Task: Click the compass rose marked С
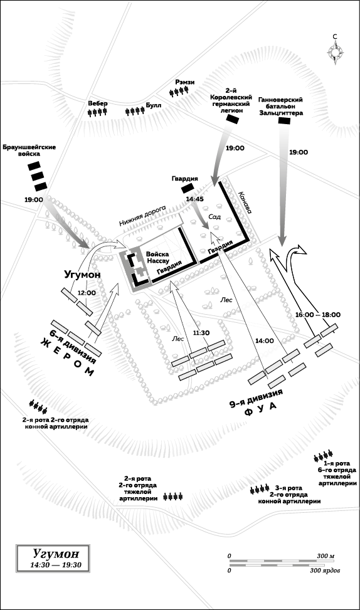coord(335,52)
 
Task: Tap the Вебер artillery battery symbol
coord(97,112)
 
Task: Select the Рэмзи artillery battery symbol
coord(179,92)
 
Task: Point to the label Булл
coord(153,105)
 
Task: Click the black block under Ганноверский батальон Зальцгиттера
coord(285,121)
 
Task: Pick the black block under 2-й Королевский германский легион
coord(232,120)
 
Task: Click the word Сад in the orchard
coord(214,217)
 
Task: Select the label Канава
coord(246,202)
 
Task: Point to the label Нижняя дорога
coord(142,216)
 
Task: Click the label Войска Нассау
coord(157,257)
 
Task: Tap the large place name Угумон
coord(82,274)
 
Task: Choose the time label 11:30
coord(201,333)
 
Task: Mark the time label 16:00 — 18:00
coord(317,315)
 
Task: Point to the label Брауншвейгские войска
coord(29,150)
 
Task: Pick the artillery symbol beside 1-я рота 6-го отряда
coord(324,455)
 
